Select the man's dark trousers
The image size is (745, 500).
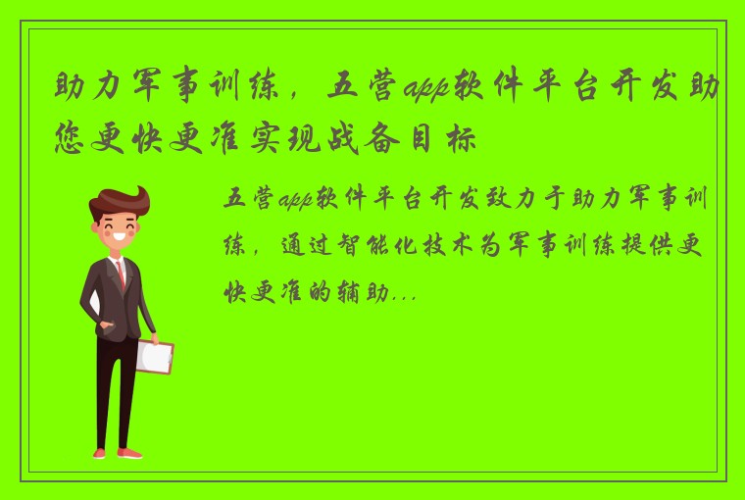pyautogui.click(x=117, y=392)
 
